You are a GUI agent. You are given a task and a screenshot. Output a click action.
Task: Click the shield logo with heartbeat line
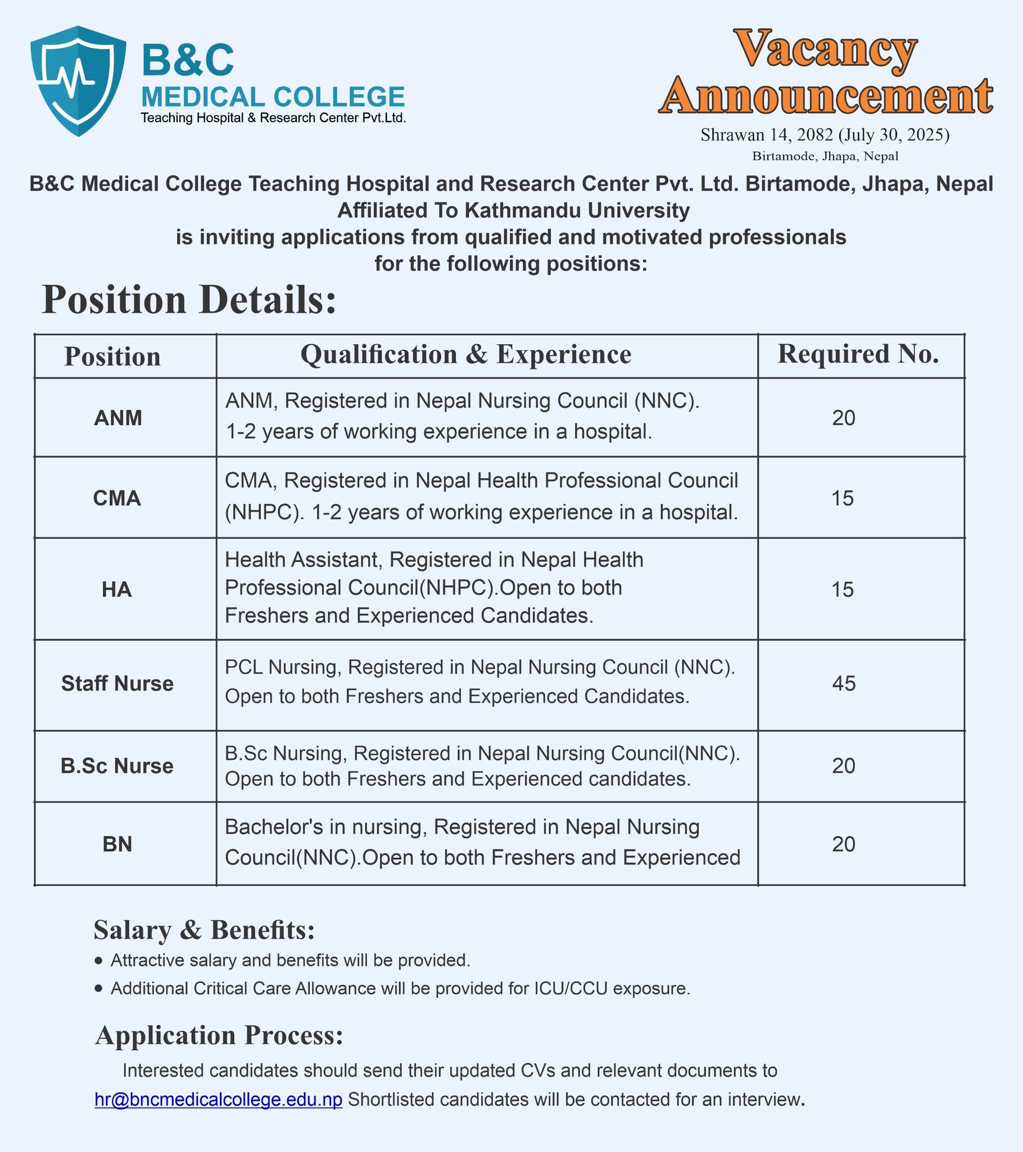pyautogui.click(x=78, y=80)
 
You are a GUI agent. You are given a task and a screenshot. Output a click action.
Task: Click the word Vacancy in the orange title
pyautogui.click(x=825, y=49)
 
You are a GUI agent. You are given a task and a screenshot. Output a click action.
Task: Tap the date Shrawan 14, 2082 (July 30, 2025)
pyautogui.click(x=825, y=134)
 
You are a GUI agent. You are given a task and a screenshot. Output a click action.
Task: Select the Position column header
pyautogui.click(x=112, y=357)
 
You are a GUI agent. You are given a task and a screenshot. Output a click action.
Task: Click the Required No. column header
pyautogui.click(x=858, y=354)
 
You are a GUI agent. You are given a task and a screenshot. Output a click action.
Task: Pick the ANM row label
pyautogui.click(x=117, y=417)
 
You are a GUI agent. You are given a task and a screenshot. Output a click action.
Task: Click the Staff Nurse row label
pyautogui.click(x=117, y=683)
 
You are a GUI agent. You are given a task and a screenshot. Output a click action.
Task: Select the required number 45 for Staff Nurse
pyautogui.click(x=843, y=683)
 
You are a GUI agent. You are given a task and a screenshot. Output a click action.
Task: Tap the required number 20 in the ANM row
pyautogui.click(x=843, y=417)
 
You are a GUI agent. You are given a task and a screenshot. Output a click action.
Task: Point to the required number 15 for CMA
pyautogui.click(x=843, y=498)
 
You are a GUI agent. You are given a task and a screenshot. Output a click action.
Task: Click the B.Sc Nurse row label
pyautogui.click(x=117, y=766)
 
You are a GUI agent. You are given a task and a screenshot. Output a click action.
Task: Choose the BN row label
pyautogui.click(x=117, y=844)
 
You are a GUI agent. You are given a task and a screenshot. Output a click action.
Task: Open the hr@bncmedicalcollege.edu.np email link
pyautogui.click(x=219, y=1099)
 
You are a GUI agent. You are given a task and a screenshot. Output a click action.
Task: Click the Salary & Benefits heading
pyautogui.click(x=204, y=930)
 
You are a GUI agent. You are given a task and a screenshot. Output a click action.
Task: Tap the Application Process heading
pyautogui.click(x=219, y=1035)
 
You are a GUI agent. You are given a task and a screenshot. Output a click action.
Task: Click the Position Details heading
pyautogui.click(x=189, y=300)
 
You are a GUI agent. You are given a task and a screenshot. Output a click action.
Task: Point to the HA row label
pyautogui.click(x=116, y=589)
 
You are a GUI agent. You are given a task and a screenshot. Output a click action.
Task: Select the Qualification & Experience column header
pyautogui.click(x=466, y=354)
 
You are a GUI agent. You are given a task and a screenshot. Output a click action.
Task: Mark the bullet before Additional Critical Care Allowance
pyautogui.click(x=99, y=988)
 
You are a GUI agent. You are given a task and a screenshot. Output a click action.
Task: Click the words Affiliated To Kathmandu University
pyautogui.click(x=513, y=211)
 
